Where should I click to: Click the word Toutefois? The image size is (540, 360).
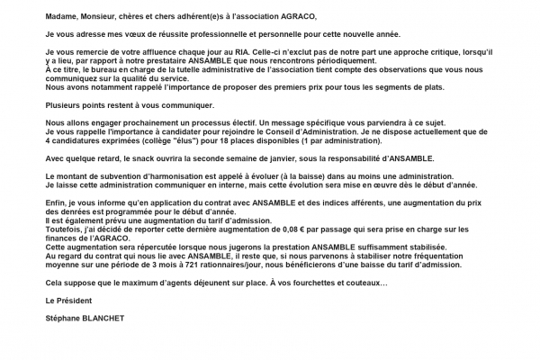[x=64, y=228]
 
